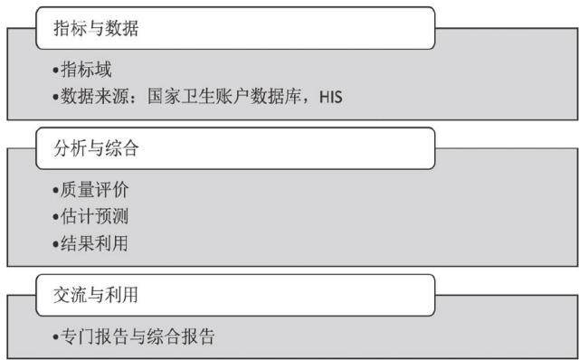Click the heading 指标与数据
(x=96, y=28)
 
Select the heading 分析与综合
(x=96, y=149)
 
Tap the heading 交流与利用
(x=96, y=295)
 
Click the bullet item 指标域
(x=86, y=70)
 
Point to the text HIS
(x=331, y=98)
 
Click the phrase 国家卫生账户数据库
(x=223, y=97)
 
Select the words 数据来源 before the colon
(x=94, y=97)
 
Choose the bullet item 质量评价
(x=94, y=190)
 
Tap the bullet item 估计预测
(x=94, y=216)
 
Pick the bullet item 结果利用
(x=94, y=243)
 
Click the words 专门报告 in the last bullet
(x=94, y=336)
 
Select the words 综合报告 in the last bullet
(x=181, y=336)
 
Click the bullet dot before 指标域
(x=56, y=70)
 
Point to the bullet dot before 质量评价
(x=56, y=190)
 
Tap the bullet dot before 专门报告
(x=56, y=337)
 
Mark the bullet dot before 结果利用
(x=56, y=244)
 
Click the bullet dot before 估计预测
(x=56, y=217)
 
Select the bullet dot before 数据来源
(x=56, y=97)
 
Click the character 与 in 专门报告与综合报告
(x=138, y=336)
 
